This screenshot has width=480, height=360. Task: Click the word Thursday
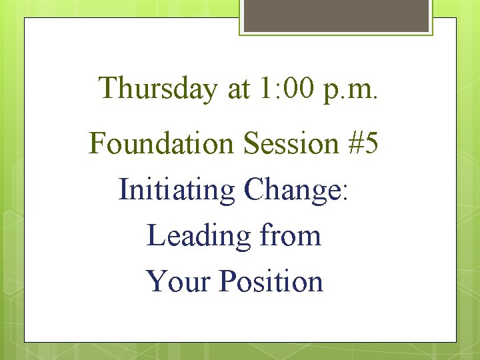158,88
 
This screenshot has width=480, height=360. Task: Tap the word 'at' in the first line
237,89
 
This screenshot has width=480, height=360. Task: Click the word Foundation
163,143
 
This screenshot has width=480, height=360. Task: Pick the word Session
291,143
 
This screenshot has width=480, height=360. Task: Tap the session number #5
363,143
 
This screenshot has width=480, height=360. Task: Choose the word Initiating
177,190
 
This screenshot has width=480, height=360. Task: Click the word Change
291,190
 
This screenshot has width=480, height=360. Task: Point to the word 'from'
290,235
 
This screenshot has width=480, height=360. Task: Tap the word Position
271,281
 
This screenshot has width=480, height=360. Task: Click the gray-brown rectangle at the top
336,15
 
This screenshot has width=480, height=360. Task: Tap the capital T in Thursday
109,88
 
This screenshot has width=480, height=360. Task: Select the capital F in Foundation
97,143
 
